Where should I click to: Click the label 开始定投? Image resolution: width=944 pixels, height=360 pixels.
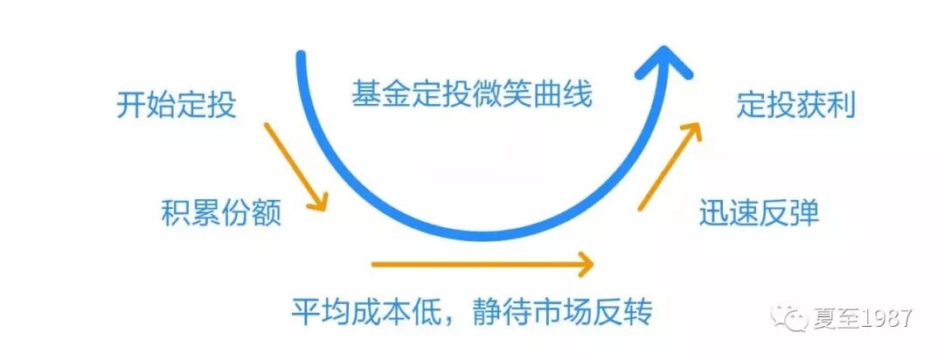pos(176,107)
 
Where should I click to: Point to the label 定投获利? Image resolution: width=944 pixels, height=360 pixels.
pos(795,107)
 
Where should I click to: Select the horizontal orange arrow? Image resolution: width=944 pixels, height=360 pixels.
pos(482,261)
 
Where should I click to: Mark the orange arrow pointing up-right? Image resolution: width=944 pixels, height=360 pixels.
pos(670,166)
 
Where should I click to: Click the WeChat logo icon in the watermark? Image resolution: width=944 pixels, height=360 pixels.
pos(795,319)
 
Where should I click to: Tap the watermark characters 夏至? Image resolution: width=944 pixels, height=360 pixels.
pos(833,319)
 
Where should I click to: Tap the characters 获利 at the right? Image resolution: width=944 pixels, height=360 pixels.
pos(825,107)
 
